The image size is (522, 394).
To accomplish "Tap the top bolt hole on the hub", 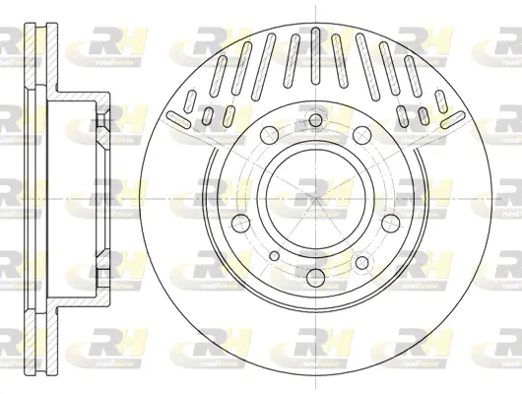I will [313, 121].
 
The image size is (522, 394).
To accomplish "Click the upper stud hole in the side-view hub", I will [101, 120].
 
